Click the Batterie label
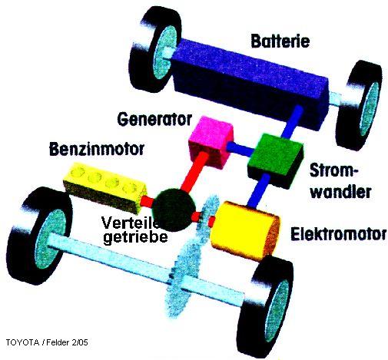[280, 41]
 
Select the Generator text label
[154, 119]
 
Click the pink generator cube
[211, 141]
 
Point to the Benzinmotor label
[97, 149]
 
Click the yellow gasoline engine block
[105, 187]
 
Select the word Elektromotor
[339, 233]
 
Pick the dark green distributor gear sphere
[174, 210]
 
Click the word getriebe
[135, 237]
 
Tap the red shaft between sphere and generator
[194, 171]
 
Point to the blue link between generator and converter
[240, 148]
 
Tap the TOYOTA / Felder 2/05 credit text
[47, 342]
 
